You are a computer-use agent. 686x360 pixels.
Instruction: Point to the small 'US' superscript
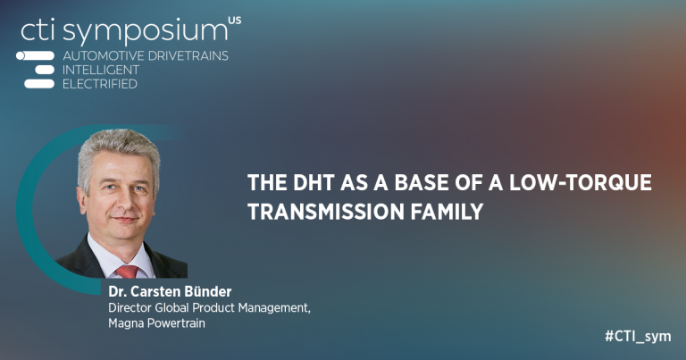(234, 19)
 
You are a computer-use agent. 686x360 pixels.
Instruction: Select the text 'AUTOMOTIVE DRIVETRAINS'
(146, 55)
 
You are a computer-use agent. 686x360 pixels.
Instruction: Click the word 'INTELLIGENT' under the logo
(101, 70)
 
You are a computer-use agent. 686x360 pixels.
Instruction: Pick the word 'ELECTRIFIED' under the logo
(100, 84)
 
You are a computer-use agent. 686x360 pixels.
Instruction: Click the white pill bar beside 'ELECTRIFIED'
(39, 84)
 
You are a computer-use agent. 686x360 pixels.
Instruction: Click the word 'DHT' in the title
(312, 183)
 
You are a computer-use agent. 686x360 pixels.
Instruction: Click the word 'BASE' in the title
(405, 183)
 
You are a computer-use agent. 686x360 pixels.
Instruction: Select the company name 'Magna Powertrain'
(151, 322)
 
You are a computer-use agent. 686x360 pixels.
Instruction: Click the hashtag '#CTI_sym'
(637, 337)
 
